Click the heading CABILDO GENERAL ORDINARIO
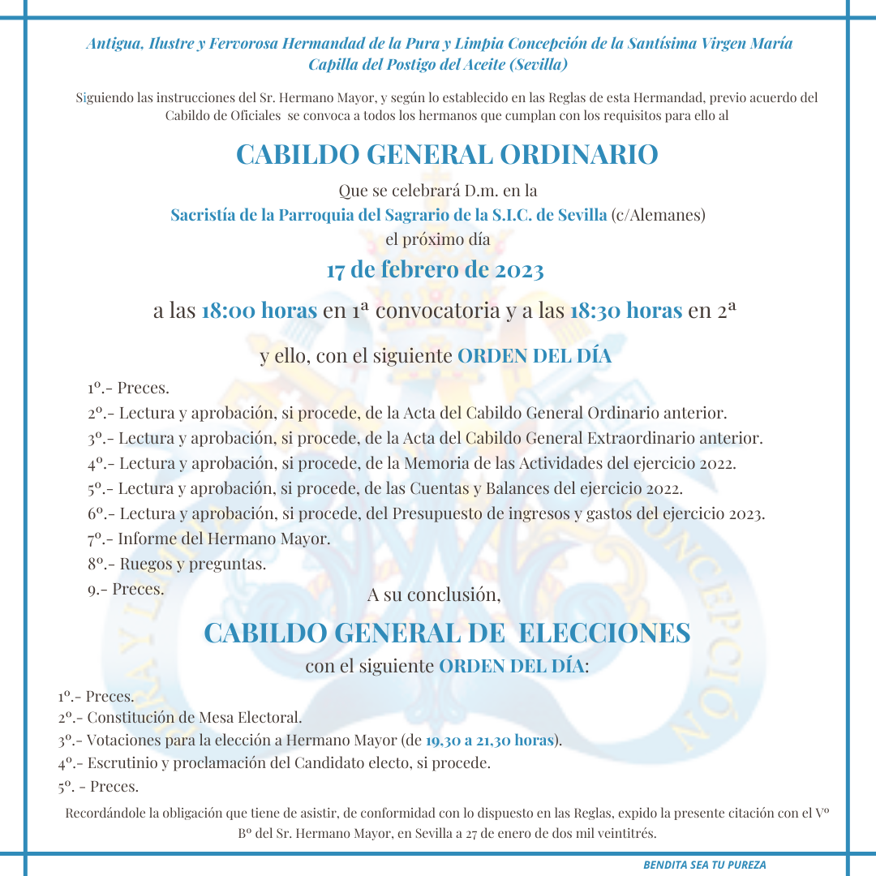[x=447, y=154]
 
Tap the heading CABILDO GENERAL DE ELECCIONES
[x=447, y=633]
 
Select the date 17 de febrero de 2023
[x=435, y=270]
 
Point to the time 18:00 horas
[x=259, y=311]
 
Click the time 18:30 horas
[x=625, y=311]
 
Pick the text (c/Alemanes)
[x=658, y=216]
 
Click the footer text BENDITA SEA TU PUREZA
[x=705, y=865]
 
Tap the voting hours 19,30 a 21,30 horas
[x=489, y=741]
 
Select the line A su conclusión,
[x=434, y=595]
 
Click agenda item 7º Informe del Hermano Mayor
[x=209, y=539]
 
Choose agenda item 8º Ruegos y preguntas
[x=178, y=564]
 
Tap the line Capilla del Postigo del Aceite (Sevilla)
[x=438, y=64]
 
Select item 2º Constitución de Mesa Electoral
[x=180, y=718]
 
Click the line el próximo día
[x=438, y=241]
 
